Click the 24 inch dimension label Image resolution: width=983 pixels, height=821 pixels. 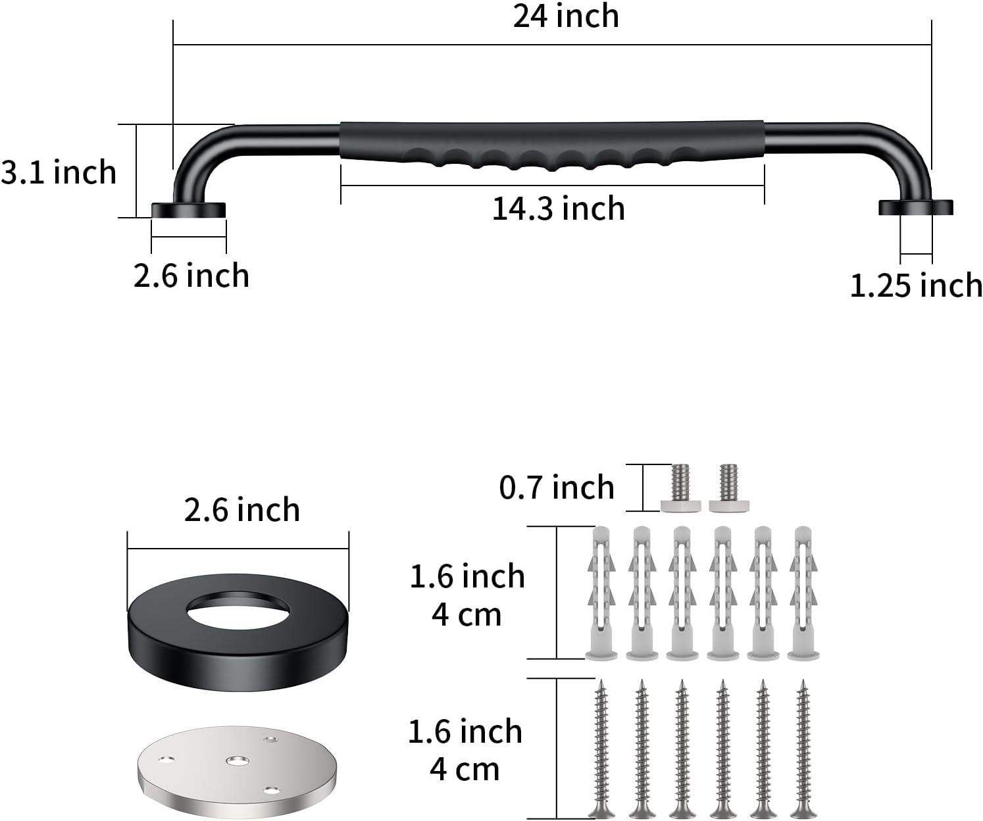(566, 16)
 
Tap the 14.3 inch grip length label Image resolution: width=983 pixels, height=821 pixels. (559, 209)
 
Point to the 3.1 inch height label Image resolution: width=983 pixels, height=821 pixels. (59, 172)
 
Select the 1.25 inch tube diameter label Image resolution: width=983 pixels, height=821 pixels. (916, 286)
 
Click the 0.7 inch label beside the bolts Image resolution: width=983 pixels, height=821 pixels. (557, 487)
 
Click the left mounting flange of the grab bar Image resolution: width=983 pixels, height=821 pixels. (188, 211)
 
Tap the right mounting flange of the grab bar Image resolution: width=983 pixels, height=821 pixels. (916, 208)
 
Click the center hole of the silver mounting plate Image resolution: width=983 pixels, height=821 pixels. (238, 760)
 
